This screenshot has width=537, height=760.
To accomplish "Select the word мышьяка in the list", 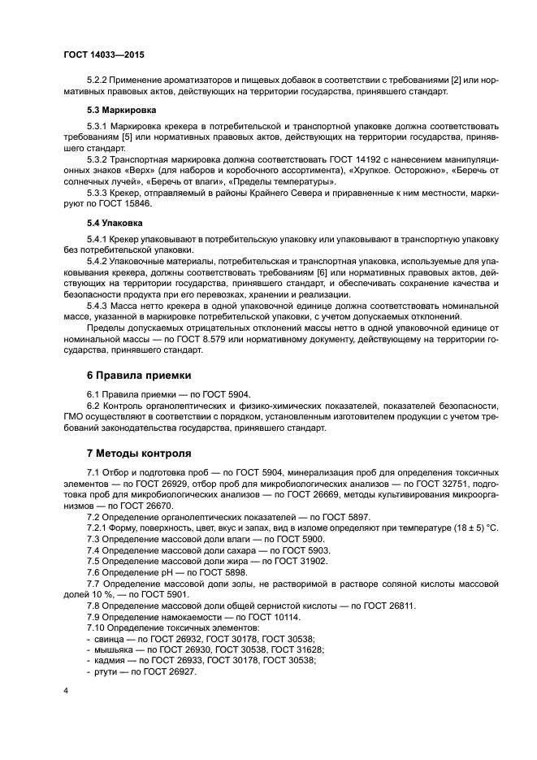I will pos(110,650).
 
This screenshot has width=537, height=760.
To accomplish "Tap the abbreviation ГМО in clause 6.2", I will pos(74,415).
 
